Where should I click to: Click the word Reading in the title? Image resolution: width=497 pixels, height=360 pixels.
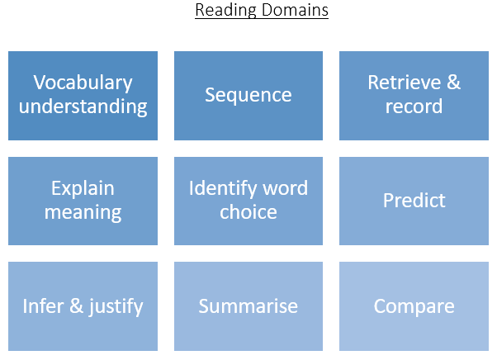coord(225,11)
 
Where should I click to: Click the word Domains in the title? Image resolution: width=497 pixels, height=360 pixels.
coord(295,10)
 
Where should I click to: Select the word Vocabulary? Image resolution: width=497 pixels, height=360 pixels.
coord(83,83)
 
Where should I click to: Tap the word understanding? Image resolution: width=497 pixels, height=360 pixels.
coord(83,107)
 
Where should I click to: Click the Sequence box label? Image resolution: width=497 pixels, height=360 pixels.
coord(248,96)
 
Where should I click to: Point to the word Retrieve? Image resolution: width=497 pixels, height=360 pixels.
coord(405,83)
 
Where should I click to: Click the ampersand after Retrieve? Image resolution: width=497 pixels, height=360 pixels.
coord(453,83)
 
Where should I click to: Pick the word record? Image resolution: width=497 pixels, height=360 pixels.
coord(414,107)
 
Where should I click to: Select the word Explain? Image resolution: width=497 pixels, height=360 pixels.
coord(83,189)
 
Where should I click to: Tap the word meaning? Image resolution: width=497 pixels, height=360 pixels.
coord(83,213)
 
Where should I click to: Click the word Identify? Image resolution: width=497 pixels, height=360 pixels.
coord(223,189)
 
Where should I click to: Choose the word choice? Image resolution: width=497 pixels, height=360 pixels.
coord(248,212)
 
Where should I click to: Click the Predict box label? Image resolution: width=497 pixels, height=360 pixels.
coord(414,201)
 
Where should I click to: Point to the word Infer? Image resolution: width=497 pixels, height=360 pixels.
coord(43,306)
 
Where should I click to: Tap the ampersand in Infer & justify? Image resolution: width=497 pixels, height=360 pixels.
coord(77,306)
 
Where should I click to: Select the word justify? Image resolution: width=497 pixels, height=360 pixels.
coord(116,307)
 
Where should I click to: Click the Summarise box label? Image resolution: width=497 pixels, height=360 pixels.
coord(248,306)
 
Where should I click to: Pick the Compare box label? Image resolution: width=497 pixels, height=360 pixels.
coord(414,307)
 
